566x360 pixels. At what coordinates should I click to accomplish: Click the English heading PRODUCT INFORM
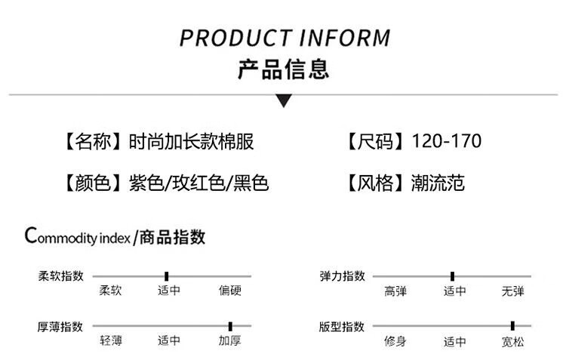[x=285, y=38]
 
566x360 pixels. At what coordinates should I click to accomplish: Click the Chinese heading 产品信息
[x=284, y=70]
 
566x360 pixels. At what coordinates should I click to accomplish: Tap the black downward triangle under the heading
[x=284, y=100]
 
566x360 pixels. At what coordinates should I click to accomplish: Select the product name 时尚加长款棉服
[x=191, y=141]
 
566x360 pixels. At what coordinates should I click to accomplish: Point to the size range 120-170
[x=447, y=141]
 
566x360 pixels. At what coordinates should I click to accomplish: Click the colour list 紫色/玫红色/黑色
[x=199, y=183]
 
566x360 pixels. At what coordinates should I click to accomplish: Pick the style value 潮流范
[x=438, y=183]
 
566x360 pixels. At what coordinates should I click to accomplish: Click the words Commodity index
[x=79, y=237]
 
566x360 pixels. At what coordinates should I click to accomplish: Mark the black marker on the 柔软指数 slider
[x=166, y=276]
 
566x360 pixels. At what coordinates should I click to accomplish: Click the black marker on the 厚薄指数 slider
[x=230, y=326]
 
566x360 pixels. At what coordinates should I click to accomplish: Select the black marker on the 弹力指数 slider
[x=452, y=276]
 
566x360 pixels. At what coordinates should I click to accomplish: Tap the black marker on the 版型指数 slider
[x=512, y=326]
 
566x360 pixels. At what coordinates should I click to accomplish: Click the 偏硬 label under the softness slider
[x=229, y=291]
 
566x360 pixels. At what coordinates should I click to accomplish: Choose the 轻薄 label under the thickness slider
[x=111, y=341]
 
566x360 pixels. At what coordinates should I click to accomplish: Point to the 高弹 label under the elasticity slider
[x=395, y=291]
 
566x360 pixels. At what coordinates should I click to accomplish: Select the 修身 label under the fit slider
[x=395, y=341]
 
